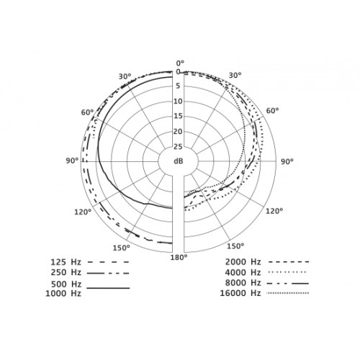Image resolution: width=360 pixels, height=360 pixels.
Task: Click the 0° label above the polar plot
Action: (180, 63)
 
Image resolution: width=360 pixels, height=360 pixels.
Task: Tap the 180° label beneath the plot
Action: (179, 257)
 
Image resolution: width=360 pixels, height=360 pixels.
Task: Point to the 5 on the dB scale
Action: (178, 86)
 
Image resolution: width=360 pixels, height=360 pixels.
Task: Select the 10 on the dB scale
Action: (178, 102)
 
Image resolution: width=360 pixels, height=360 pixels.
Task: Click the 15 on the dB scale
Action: (178, 116)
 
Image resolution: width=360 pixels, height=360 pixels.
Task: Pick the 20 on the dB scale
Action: (178, 132)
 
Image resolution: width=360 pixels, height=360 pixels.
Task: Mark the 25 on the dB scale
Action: (178, 147)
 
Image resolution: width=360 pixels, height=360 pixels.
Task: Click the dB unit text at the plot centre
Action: (179, 161)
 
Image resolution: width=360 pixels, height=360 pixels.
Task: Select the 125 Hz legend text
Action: (66, 262)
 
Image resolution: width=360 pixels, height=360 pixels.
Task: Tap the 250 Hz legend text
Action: (66, 273)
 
